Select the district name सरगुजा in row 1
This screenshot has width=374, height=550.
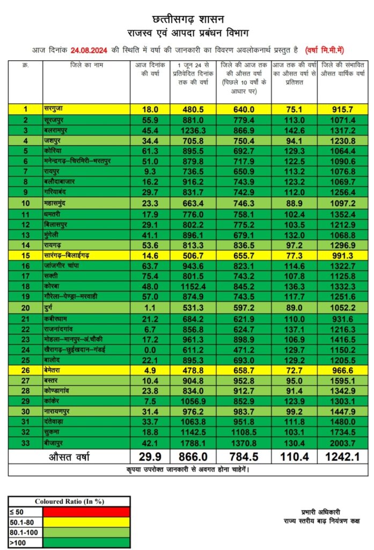point(56,110)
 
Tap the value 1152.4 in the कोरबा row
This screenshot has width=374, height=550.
point(193,287)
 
